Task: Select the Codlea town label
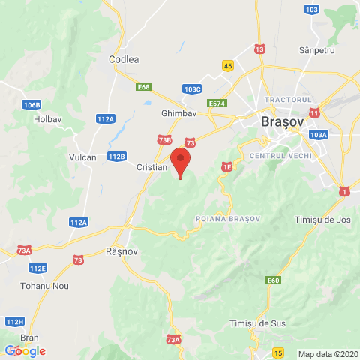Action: pyautogui.click(x=124, y=59)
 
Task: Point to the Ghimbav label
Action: pyautogui.click(x=178, y=113)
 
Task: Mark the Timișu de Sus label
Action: pyautogui.click(x=257, y=323)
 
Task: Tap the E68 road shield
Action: pyautogui.click(x=144, y=88)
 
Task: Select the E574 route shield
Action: pyautogui.click(x=217, y=103)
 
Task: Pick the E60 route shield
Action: pyautogui.click(x=273, y=280)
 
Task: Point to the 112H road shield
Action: pyautogui.click(x=13, y=321)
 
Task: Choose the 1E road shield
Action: pyautogui.click(x=226, y=168)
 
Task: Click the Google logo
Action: pyautogui.click(x=25, y=350)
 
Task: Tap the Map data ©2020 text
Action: pyautogui.click(x=328, y=354)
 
